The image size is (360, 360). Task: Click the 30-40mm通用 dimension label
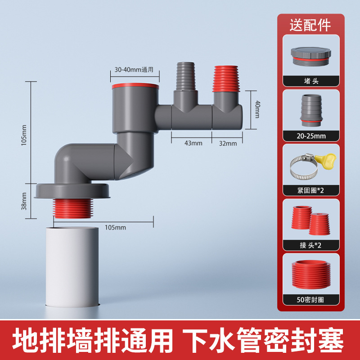click(134, 70)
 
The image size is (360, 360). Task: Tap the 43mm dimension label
click(193, 143)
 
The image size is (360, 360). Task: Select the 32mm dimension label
click(228, 144)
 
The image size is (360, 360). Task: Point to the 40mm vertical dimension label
click(257, 109)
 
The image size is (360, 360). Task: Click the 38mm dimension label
click(24, 201)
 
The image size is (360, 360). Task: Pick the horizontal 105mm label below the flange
click(115, 228)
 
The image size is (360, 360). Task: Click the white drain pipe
click(72, 267)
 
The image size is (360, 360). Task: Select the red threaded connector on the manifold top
click(226, 79)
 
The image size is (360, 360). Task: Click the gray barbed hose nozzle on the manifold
click(186, 76)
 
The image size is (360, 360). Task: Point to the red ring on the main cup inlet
click(135, 86)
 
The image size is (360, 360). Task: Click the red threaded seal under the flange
click(73, 208)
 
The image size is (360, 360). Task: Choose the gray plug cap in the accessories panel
click(311, 57)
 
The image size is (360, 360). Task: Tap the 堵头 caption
click(311, 81)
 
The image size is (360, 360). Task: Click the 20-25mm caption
click(311, 136)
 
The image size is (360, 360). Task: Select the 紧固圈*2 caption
click(310, 190)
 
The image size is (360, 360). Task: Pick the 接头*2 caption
click(310, 245)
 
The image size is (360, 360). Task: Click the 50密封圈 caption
click(310, 300)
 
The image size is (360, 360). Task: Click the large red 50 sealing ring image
click(311, 274)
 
